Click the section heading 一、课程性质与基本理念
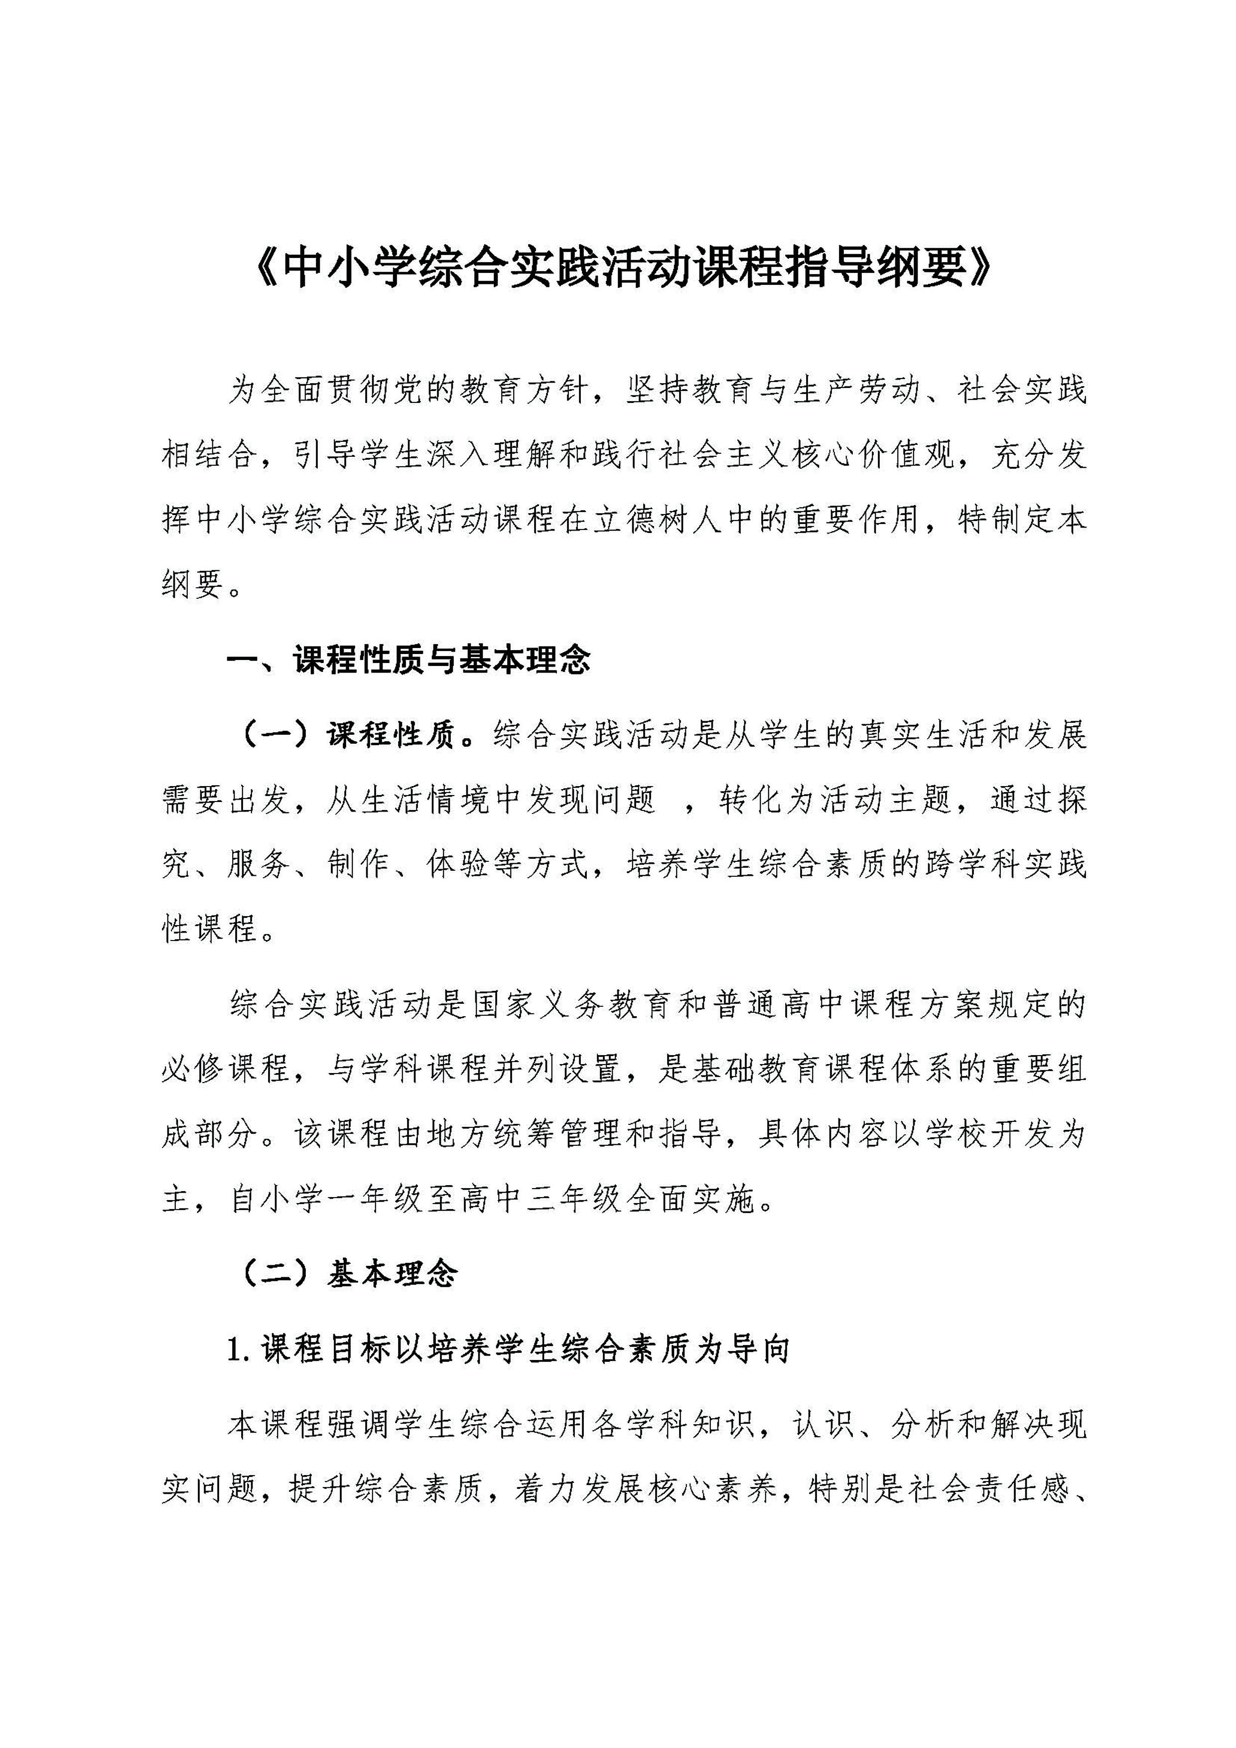click(x=409, y=660)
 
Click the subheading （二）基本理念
click(x=349, y=1273)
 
